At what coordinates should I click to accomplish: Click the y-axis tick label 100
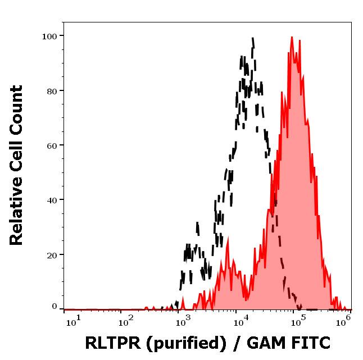[x=49, y=37]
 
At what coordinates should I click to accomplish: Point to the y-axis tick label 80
[x=52, y=91]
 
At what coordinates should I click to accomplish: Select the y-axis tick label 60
[x=52, y=145]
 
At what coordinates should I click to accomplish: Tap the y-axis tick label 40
[x=52, y=200]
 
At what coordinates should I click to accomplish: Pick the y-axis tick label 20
[x=52, y=254]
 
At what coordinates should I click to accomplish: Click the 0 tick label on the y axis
[x=55, y=307]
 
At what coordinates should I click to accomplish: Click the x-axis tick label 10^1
[x=74, y=320]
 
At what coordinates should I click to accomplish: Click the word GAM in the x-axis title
[x=257, y=343]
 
